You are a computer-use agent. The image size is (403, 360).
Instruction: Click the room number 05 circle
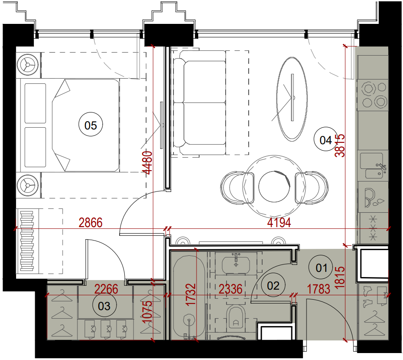coord(90,125)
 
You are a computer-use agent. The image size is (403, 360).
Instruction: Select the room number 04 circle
coord(326,139)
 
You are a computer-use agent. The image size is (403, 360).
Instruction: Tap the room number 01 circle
coord(321,268)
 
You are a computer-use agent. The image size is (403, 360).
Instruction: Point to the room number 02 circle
coord(273,285)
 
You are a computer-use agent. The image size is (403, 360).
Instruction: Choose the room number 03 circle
coord(104,305)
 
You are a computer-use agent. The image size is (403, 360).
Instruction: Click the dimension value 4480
coord(149,163)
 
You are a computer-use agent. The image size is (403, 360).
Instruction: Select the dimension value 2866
coord(90,223)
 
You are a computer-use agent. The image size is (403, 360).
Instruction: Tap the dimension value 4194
coord(279,223)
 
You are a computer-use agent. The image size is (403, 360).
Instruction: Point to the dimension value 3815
coord(340,145)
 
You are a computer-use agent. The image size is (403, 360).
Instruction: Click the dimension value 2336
coord(230,289)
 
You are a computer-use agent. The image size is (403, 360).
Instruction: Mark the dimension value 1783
coord(319,289)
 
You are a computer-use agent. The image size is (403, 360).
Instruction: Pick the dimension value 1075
coord(148,312)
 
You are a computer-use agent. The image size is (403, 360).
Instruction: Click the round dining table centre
coord(274,186)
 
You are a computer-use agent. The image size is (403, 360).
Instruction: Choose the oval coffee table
coord(292,99)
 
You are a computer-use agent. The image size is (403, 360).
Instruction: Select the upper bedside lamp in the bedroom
coord(28,64)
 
